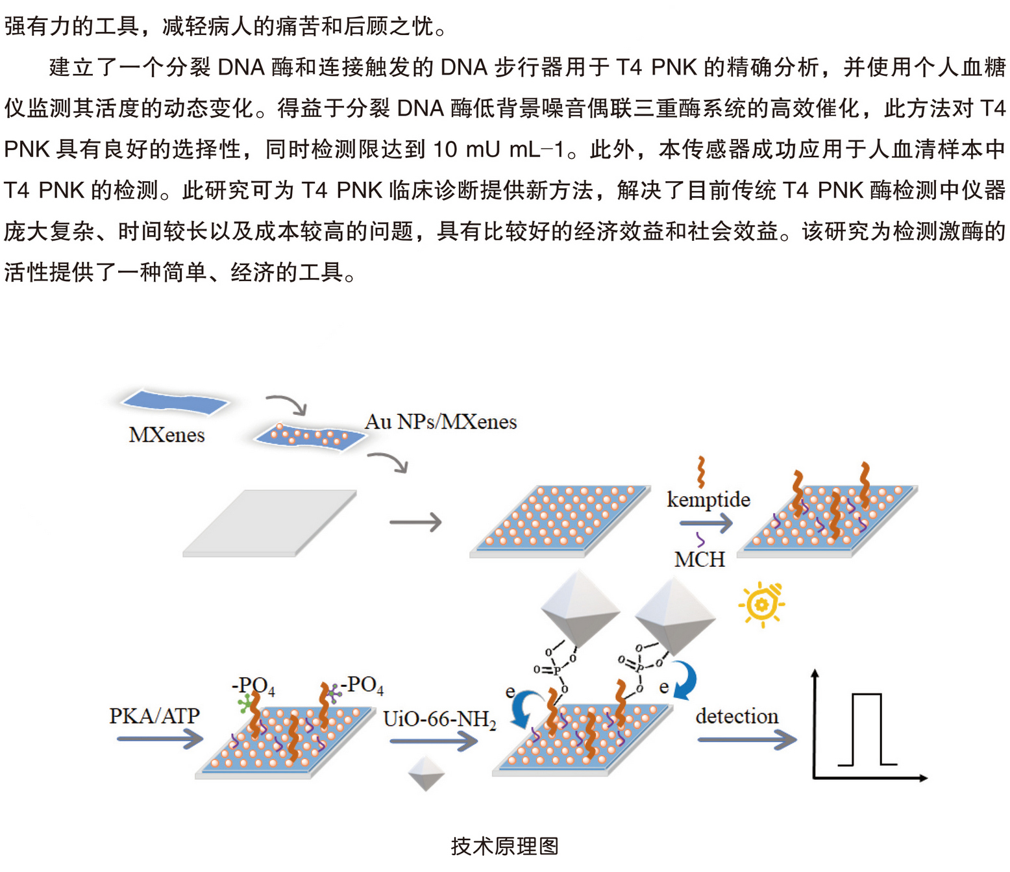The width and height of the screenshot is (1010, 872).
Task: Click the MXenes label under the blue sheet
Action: point(167,434)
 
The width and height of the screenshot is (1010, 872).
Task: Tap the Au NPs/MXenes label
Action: point(441,422)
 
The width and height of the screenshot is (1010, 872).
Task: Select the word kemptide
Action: point(708,499)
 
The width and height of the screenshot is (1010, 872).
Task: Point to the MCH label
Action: point(699,559)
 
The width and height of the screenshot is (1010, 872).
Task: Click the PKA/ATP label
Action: point(154,716)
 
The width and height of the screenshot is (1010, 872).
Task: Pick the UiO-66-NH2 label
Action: point(439,719)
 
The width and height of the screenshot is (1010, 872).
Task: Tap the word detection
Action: point(737,716)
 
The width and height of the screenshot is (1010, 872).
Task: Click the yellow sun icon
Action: point(761,604)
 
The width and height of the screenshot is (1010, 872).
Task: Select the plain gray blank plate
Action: point(269,523)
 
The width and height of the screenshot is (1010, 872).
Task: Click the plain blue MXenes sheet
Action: point(175,402)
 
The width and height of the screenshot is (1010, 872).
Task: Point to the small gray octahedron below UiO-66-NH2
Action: point(426,773)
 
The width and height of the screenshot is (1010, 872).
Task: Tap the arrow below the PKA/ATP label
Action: point(160,739)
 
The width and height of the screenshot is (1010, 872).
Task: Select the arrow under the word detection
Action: point(746,740)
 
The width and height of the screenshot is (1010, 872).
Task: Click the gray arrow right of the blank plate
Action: point(415,522)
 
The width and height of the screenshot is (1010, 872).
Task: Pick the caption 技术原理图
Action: point(504,845)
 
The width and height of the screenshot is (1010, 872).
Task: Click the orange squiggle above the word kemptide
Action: point(701,472)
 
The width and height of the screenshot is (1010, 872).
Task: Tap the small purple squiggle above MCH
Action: point(700,540)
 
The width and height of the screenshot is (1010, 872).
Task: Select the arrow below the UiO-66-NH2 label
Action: point(434,741)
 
